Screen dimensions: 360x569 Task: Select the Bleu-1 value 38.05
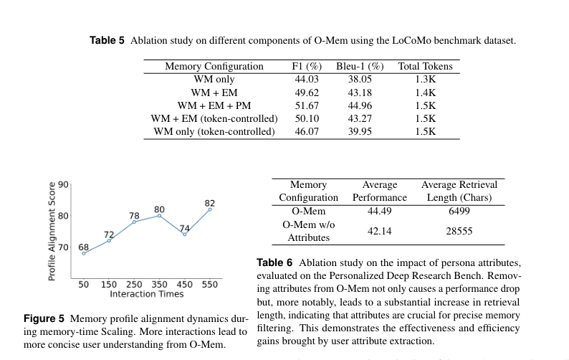pyautogui.click(x=350, y=80)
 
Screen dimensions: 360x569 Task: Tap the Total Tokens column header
pyautogui.click(x=426, y=66)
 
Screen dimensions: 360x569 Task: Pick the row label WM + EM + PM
pyautogui.click(x=214, y=105)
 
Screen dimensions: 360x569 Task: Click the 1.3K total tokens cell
pyautogui.click(x=426, y=80)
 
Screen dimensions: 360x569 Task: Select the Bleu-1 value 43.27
pyautogui.click(x=350, y=119)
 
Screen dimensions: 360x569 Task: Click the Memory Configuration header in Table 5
pyautogui.click(x=214, y=66)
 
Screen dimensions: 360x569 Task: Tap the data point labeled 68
pyautogui.click(x=84, y=253)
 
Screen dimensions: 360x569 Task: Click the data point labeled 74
pyautogui.click(x=185, y=235)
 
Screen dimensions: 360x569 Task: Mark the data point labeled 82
pyautogui.click(x=210, y=209)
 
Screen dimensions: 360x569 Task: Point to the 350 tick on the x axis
pyautogui.click(x=159, y=285)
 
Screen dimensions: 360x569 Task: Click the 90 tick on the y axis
pyautogui.click(x=64, y=184)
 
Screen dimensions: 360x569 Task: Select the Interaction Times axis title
pyautogui.click(x=146, y=294)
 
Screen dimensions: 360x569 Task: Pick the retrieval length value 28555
pyautogui.click(x=459, y=231)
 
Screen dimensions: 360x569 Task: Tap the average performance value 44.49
pyautogui.click(x=379, y=212)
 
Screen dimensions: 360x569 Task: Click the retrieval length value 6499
pyautogui.click(x=459, y=212)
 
